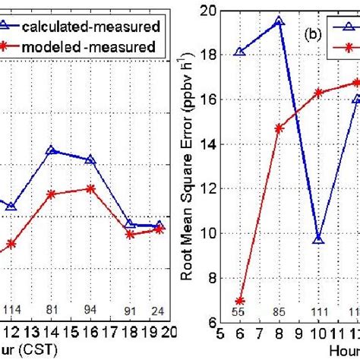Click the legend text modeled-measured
(x=99, y=47)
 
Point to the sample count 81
(x=52, y=309)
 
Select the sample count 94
(x=90, y=309)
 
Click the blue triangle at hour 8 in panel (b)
(x=279, y=22)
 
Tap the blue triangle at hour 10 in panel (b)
(x=318, y=240)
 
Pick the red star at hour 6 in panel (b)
(x=240, y=301)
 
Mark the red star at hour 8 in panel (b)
(x=279, y=128)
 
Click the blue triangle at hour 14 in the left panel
(x=51, y=150)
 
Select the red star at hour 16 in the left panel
(x=90, y=188)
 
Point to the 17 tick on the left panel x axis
(x=110, y=332)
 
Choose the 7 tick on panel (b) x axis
(x=259, y=332)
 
